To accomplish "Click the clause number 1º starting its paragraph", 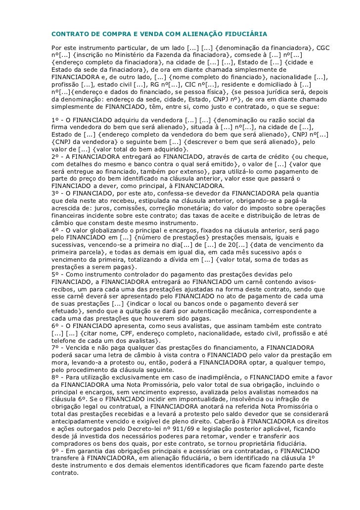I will [x=56, y=120].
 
